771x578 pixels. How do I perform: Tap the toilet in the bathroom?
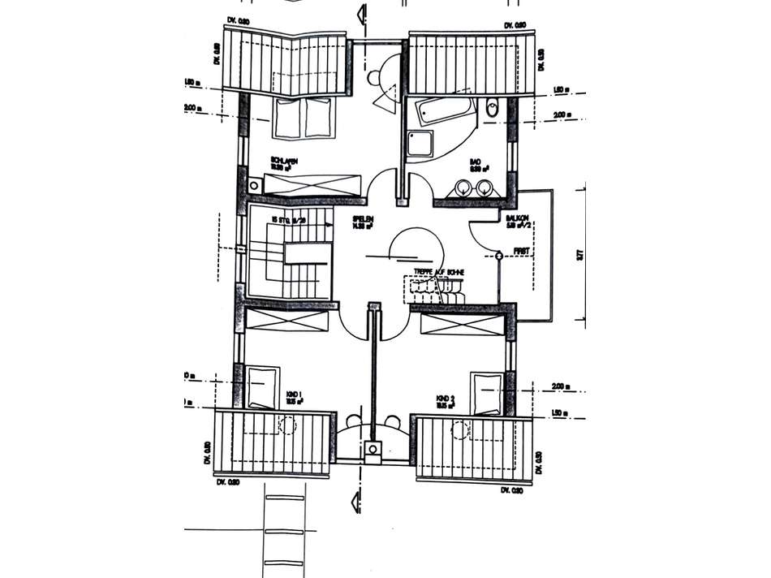[x=493, y=109]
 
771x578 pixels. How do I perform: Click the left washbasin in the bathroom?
[x=463, y=188]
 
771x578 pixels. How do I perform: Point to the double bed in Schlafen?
[x=303, y=119]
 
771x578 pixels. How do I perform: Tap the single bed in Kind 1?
[x=262, y=386]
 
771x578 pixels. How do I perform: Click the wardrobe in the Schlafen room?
[x=312, y=186]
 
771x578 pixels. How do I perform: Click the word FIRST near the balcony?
[x=521, y=252]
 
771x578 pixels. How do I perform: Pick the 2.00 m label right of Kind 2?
[x=558, y=386]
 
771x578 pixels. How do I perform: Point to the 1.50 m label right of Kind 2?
[x=558, y=413]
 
